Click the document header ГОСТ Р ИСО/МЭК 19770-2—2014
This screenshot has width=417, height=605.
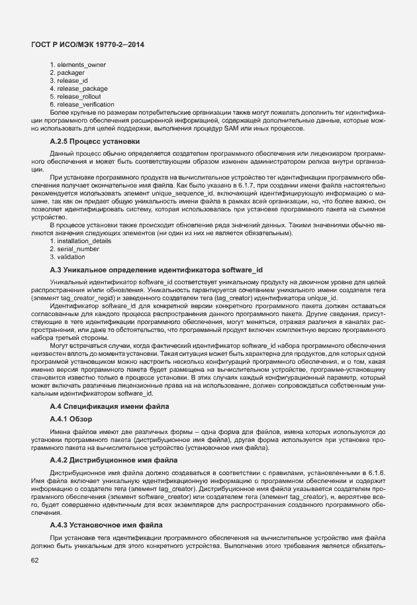pyautogui.click(x=87, y=44)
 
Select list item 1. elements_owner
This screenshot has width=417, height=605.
pyautogui.click(x=78, y=64)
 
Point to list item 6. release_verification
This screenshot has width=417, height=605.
pyautogui.click(x=82, y=104)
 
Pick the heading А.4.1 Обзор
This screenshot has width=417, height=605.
pyautogui.click(x=71, y=419)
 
